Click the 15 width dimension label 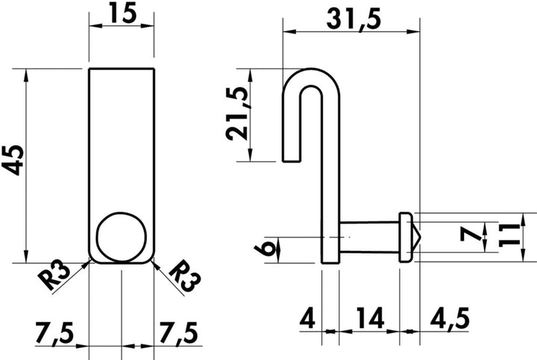point(122,13)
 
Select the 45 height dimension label point(13,160)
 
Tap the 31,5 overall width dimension point(354,19)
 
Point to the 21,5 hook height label point(237,113)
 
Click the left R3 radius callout point(54,275)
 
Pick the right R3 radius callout point(185,275)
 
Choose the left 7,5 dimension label point(54,333)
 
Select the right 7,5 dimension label point(178,333)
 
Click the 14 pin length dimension point(370,318)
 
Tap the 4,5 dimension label point(450,318)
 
